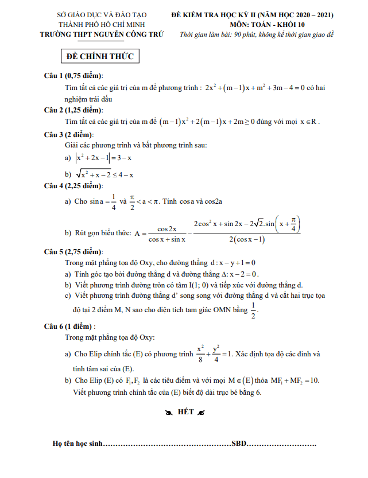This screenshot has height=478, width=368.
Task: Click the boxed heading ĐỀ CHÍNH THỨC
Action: tap(100, 57)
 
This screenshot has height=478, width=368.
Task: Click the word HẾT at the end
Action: tap(185, 412)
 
